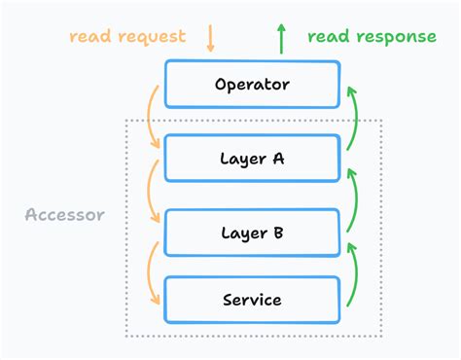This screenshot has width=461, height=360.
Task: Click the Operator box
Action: pyautogui.click(x=252, y=84)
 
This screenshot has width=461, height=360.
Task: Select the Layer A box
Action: pyautogui.click(x=252, y=159)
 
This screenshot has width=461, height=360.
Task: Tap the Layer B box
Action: pyautogui.click(x=252, y=233)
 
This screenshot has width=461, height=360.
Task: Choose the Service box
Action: pyautogui.click(x=252, y=300)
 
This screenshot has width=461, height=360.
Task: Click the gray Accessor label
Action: pyautogui.click(x=64, y=214)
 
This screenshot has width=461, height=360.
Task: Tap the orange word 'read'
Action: pyautogui.click(x=91, y=37)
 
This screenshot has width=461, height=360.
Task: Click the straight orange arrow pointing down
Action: pyautogui.click(x=211, y=38)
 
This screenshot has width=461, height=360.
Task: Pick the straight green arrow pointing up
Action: pyautogui.click(x=281, y=38)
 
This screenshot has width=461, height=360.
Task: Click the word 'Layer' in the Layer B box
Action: pyautogui.click(x=241, y=234)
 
